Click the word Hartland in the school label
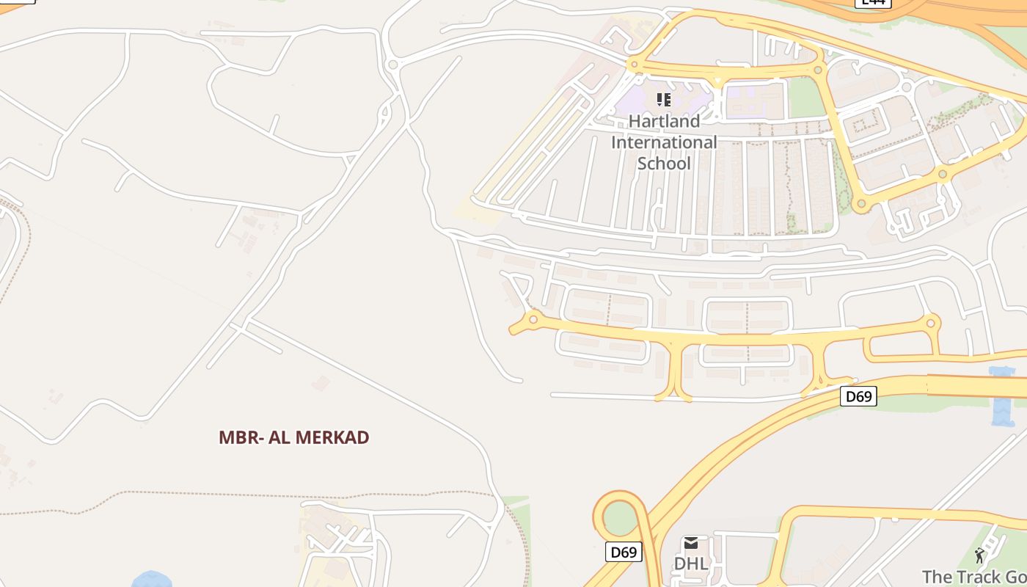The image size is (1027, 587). (x=664, y=120)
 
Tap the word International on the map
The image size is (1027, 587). (x=664, y=142)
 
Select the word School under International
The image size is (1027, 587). (x=664, y=163)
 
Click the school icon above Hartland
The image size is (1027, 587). (x=664, y=99)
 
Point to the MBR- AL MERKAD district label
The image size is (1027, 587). (x=293, y=437)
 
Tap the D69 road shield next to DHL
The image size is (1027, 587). (x=624, y=552)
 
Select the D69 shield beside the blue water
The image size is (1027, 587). (x=858, y=396)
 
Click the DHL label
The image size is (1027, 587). (x=691, y=564)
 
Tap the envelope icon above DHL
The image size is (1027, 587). (x=691, y=544)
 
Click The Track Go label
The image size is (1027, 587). (x=974, y=577)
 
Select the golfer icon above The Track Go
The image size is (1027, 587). (x=979, y=555)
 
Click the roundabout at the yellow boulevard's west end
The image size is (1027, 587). (x=533, y=319)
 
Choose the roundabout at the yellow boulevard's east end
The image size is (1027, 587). (x=932, y=322)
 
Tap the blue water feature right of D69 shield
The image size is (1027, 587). (x=1002, y=396)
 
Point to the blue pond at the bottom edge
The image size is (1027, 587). (x=152, y=580)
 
